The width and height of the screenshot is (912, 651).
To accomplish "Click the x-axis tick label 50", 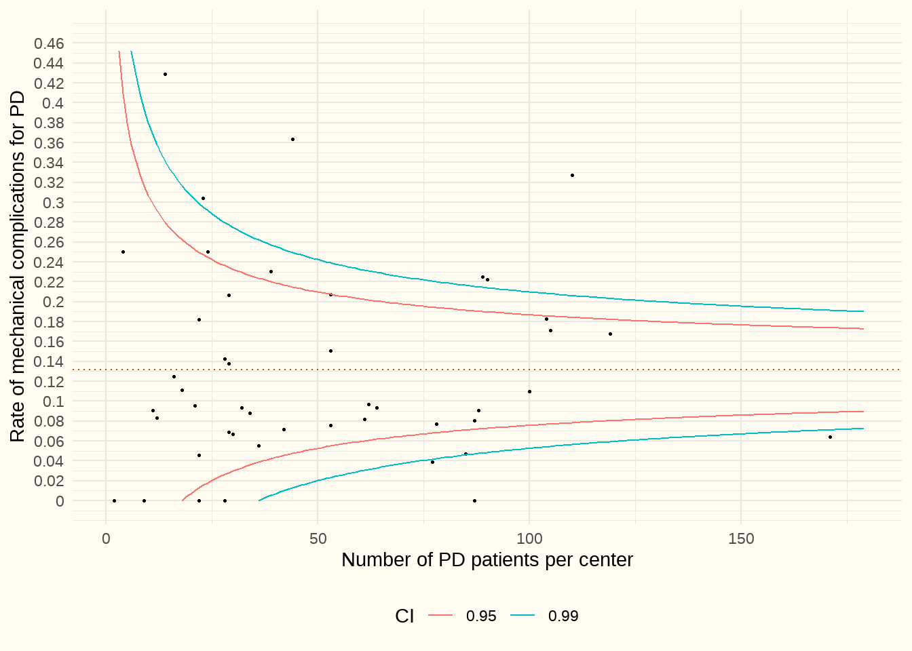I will tap(318, 539).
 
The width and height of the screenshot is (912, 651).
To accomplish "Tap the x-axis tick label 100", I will tap(529, 539).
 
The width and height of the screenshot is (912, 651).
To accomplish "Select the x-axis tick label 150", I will tap(741, 539).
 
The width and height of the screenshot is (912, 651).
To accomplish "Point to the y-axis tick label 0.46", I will tap(49, 43).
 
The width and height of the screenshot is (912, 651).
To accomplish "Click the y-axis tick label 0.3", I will tap(54, 203).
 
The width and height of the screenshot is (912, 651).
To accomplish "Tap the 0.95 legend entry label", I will tap(481, 616).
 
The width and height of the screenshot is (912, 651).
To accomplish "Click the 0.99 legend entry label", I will tap(563, 616).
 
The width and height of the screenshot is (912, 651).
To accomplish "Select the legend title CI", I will tap(404, 616).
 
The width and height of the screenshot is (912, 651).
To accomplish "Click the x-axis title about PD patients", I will tap(487, 560).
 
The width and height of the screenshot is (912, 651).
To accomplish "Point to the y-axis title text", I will tap(18, 267).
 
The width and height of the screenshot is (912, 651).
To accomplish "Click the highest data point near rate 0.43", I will tap(165, 74).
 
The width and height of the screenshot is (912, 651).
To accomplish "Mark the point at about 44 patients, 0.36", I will tap(292, 139).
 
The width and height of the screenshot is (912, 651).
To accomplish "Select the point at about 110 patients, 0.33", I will tap(572, 175).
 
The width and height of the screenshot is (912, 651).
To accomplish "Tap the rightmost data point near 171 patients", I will tap(830, 437).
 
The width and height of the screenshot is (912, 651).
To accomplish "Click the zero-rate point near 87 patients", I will tap(474, 500).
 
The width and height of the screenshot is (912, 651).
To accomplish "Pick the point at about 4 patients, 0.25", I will tap(123, 252).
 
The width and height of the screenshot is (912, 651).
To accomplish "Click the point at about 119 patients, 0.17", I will tap(610, 334).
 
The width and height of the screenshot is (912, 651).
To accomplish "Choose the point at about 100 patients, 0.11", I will tap(529, 391).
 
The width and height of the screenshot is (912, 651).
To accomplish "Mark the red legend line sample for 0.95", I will tap(440, 616).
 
